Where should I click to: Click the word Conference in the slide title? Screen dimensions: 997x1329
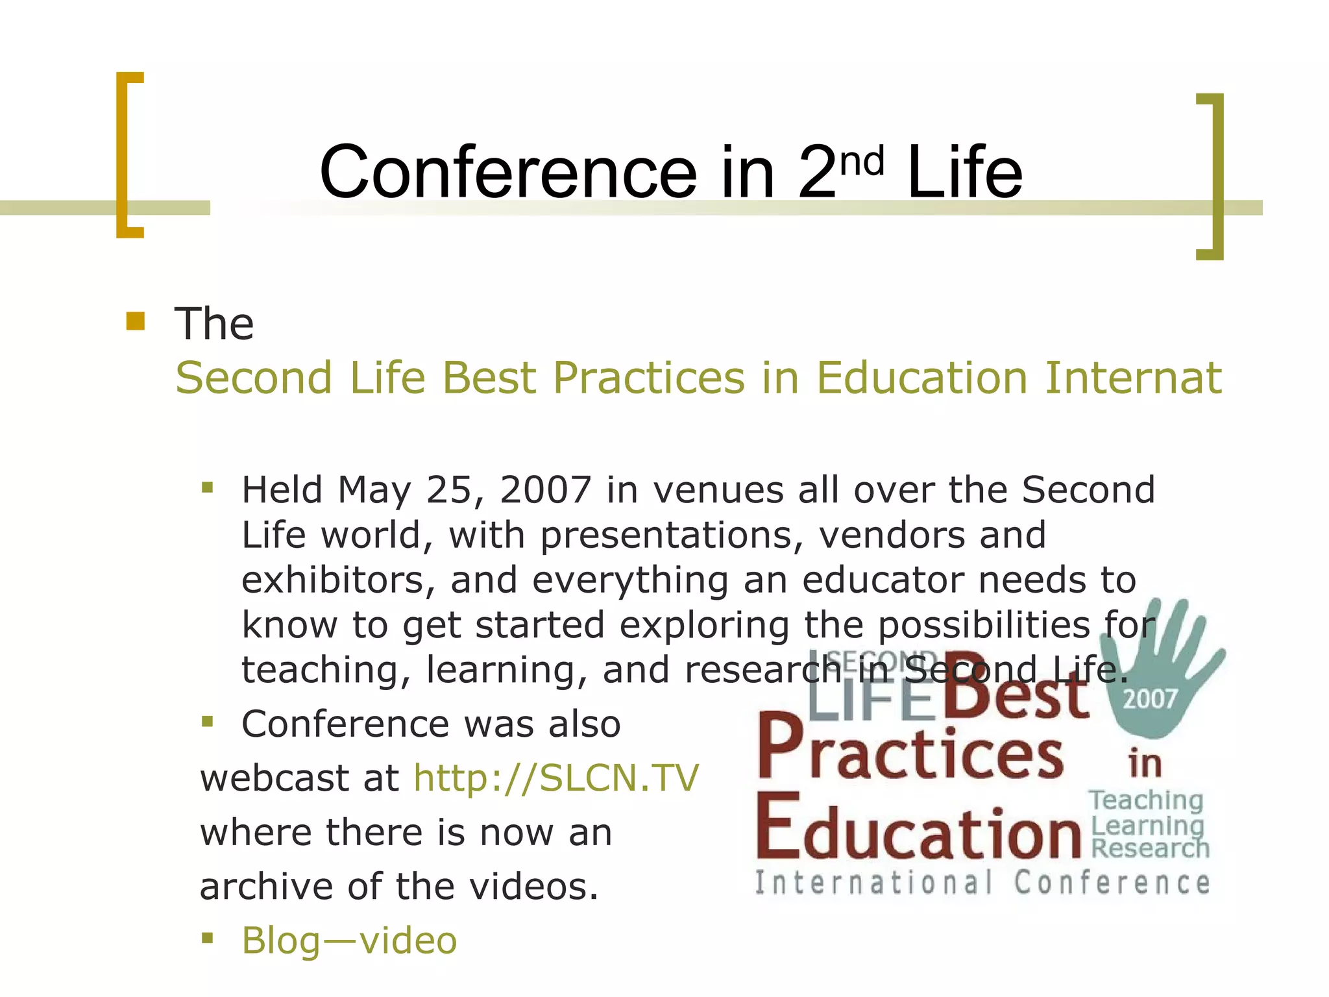tap(507, 173)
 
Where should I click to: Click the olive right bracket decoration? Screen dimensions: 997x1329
tap(1212, 177)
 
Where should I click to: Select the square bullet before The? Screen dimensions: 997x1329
tap(136, 321)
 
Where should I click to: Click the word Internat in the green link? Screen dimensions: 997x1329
tap(1133, 378)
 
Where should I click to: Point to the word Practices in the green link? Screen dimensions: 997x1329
tap(648, 378)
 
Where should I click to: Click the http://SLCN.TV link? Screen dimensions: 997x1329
tap(556, 778)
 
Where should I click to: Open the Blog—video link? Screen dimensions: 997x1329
tap(349, 941)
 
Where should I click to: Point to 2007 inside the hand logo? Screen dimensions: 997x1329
tap(1149, 699)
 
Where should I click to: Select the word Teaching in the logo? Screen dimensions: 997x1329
tap(1145, 800)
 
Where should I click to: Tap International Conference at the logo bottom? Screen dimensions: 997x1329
tap(982, 883)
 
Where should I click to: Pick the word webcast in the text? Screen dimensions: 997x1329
tap(274, 778)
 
